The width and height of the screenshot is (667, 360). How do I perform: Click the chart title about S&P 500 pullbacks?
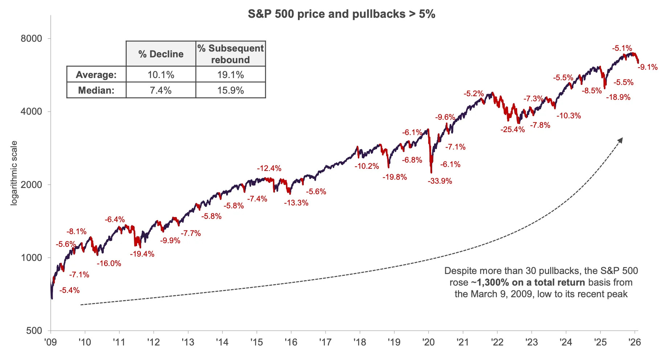coord(341,14)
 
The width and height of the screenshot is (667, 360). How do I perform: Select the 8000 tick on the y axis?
coord(31,38)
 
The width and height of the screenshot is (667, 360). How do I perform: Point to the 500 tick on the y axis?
coord(34,331)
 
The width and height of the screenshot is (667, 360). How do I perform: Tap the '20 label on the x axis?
coord(428,342)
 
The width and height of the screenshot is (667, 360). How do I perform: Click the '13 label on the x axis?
coord(188,342)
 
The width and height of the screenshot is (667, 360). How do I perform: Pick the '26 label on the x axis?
coord(635,342)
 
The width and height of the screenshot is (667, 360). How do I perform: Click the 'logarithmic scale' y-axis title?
coord(14,173)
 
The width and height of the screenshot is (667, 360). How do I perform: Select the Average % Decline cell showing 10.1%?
coord(161,75)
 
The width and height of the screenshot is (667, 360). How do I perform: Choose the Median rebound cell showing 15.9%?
coord(230,90)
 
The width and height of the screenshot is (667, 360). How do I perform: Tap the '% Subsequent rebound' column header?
coord(230,54)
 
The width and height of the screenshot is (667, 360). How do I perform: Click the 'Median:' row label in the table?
coord(96,90)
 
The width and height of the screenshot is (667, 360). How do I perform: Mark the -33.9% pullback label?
coord(440,181)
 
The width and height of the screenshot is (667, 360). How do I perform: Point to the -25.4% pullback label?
coord(512,130)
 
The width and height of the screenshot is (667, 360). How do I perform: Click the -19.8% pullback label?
coord(394,177)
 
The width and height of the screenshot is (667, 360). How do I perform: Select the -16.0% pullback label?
coord(109,263)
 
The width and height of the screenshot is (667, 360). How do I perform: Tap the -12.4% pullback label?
coord(269,168)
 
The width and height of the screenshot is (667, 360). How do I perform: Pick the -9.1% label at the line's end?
coord(648,67)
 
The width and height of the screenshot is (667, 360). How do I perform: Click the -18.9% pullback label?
coord(618,97)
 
